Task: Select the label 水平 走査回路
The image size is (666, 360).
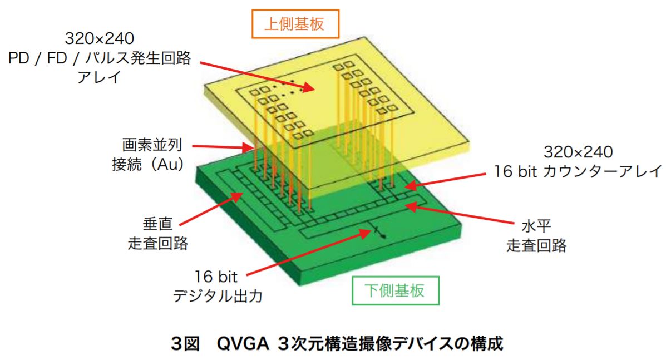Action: point(536,236)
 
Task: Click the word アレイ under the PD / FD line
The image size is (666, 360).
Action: point(100,77)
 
